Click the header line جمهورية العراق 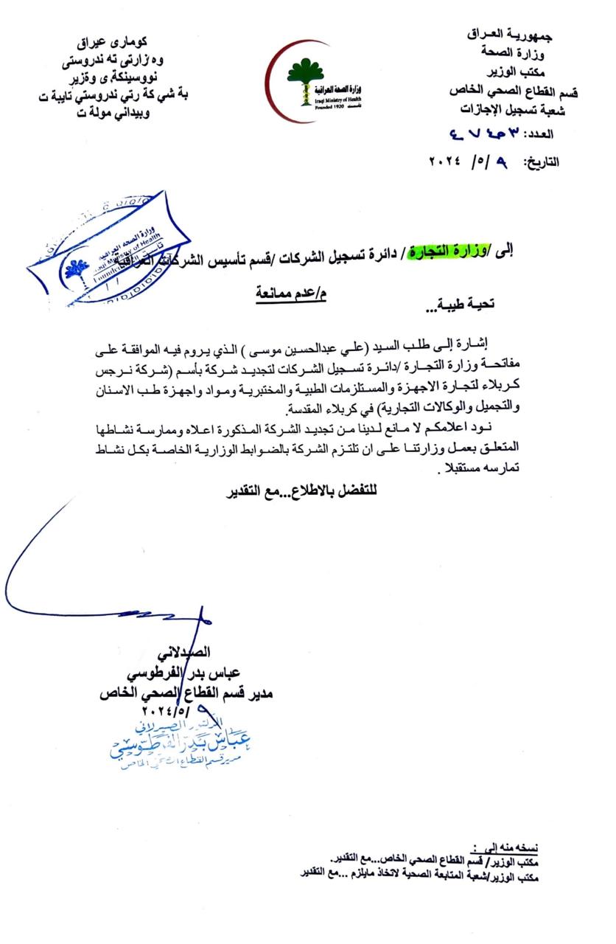tap(511, 35)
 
